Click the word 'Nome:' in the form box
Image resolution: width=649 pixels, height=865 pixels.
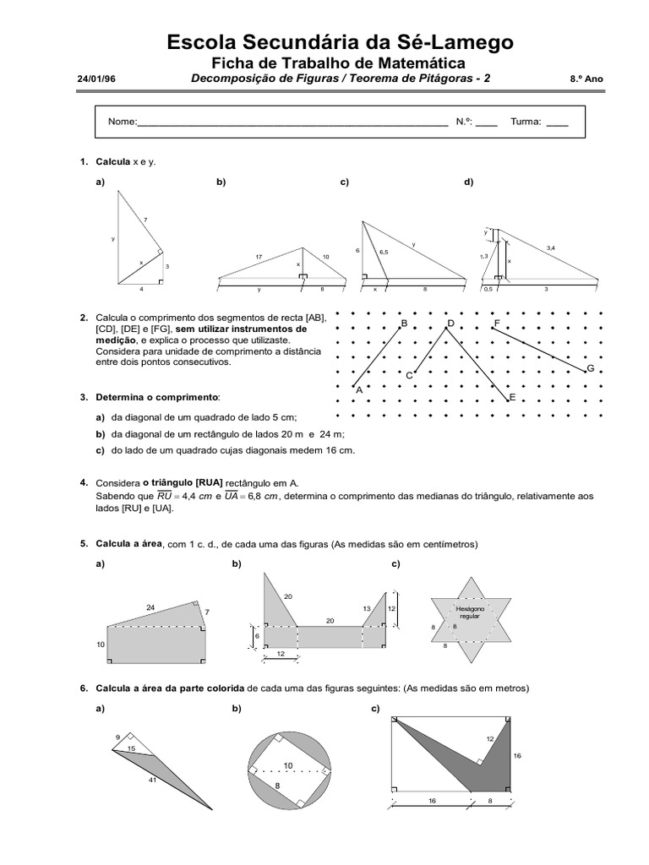pyautogui.click(x=122, y=122)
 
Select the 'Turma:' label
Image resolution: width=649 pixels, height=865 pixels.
pyautogui.click(x=526, y=122)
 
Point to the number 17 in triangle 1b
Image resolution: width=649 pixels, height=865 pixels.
pyautogui.click(x=259, y=256)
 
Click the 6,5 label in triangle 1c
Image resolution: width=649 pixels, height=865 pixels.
pyautogui.click(x=384, y=252)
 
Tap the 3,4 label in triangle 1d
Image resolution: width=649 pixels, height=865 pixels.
pyautogui.click(x=551, y=248)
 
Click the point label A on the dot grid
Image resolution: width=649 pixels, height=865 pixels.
pyautogui.click(x=358, y=390)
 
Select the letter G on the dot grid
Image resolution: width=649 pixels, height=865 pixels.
pyautogui.click(x=590, y=369)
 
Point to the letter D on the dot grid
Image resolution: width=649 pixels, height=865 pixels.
pyautogui.click(x=451, y=324)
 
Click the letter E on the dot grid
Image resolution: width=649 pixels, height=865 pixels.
pyautogui.click(x=512, y=396)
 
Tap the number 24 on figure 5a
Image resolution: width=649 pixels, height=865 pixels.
pyautogui.click(x=150, y=607)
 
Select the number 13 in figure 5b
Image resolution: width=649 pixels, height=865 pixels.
pyautogui.click(x=367, y=608)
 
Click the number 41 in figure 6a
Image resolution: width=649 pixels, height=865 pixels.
pyautogui.click(x=153, y=781)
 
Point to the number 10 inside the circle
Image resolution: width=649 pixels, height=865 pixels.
pyautogui.click(x=288, y=765)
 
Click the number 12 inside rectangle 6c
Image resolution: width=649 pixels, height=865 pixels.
pyautogui.click(x=488, y=739)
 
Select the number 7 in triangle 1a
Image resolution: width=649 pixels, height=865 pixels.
pyautogui.click(x=145, y=220)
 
